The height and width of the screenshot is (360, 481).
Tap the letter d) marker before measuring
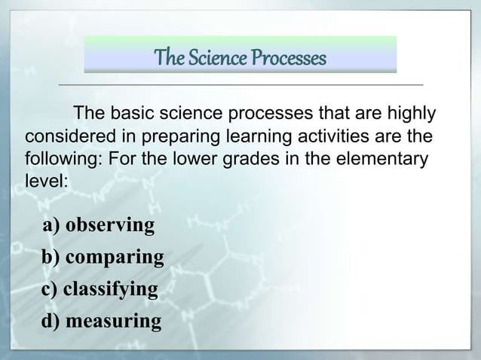coord(51,322)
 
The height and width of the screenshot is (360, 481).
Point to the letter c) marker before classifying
coord(51,290)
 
